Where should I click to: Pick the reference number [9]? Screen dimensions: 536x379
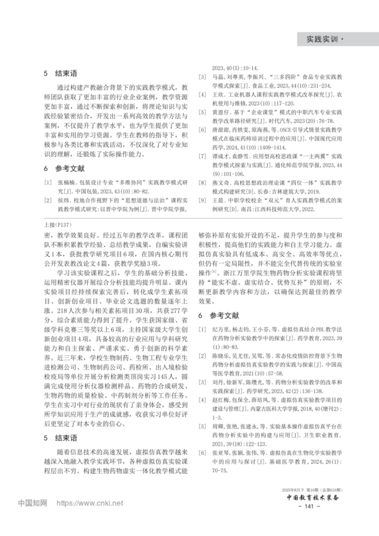[x=202, y=201]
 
